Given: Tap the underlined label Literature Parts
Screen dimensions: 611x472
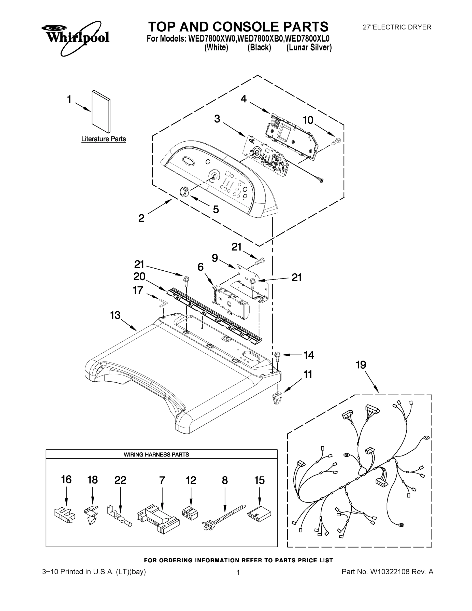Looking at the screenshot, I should [104, 139].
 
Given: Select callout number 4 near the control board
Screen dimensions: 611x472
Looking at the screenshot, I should [244, 99].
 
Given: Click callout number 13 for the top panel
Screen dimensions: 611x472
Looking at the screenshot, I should [115, 315].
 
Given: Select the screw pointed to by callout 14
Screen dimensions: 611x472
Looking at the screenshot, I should [278, 356].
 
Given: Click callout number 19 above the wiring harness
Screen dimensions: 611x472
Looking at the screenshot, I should [361, 365].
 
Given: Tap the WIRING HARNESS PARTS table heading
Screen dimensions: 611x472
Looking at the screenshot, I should [156, 455].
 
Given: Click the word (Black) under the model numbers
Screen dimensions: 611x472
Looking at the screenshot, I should [259, 48].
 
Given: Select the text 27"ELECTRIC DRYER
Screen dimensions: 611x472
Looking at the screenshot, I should [397, 27].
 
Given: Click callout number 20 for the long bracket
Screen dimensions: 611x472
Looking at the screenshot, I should [139, 277].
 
